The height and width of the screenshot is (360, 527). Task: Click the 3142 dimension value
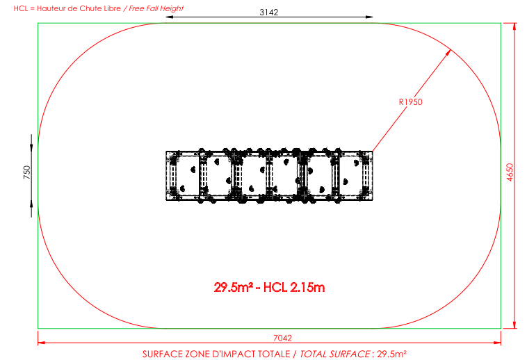pos(269,12)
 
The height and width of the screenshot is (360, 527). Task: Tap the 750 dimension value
pos(27,172)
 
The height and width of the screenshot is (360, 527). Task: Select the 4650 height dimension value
pos(510,172)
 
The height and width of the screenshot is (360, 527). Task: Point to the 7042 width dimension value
pos(283,338)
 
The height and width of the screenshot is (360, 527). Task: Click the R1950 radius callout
pos(410,101)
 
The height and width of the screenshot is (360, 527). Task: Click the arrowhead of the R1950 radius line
pos(448,52)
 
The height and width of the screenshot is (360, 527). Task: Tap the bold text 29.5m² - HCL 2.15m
pos(269,288)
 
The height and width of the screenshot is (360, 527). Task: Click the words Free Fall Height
pos(156,8)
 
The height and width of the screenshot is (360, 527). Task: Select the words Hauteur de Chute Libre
pos(79,8)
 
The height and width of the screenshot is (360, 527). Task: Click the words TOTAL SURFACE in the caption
pos(334,354)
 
